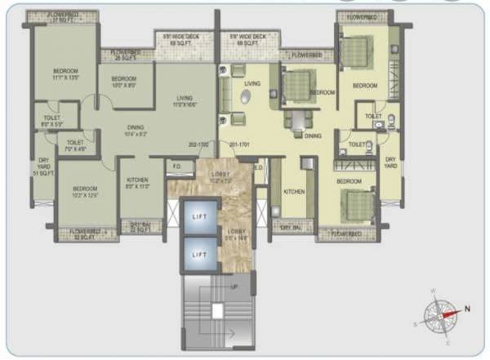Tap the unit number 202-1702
198,144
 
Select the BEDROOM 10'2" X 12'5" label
79,192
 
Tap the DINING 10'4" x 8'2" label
136,130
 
